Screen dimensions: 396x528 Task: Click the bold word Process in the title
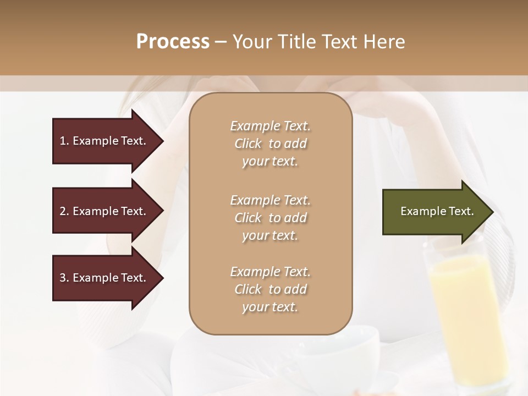point(173,42)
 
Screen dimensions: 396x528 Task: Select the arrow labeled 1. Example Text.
point(105,141)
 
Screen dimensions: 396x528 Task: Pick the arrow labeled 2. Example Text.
point(105,211)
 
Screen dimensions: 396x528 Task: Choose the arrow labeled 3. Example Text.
point(105,278)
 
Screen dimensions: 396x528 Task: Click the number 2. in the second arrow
point(64,211)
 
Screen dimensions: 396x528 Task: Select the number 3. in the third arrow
point(64,278)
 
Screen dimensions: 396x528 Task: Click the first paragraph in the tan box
point(270,144)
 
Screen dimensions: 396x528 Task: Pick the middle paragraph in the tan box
point(270,217)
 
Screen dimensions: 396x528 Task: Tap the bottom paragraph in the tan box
point(270,289)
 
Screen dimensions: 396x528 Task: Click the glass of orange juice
point(468,313)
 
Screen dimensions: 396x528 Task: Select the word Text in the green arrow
point(462,211)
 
